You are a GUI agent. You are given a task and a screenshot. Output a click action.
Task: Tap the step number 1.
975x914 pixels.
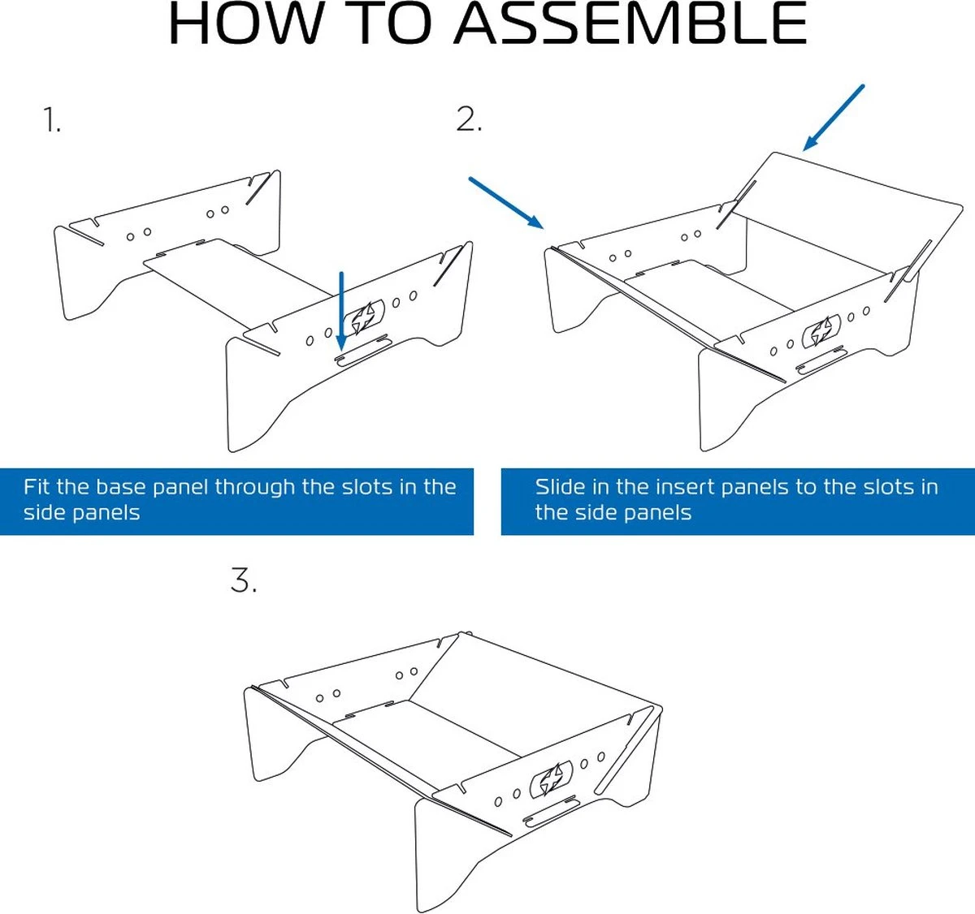pos(52,120)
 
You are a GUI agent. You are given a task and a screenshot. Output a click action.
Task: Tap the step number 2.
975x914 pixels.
pos(469,119)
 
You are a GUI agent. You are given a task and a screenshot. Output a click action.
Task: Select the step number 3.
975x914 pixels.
pos(244,580)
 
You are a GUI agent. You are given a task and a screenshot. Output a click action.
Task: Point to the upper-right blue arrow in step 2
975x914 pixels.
pos(833,118)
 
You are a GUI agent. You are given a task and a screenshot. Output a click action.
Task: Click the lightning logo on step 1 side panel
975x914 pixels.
pos(362,317)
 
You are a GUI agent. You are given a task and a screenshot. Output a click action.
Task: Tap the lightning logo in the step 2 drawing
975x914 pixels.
pos(818,333)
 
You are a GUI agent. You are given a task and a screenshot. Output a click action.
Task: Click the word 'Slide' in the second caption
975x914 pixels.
pos(560,487)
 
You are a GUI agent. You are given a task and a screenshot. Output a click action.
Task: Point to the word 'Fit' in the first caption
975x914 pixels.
pos(37,487)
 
